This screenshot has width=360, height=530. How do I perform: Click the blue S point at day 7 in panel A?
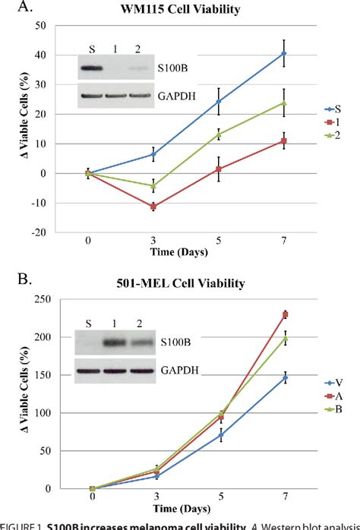point(284,53)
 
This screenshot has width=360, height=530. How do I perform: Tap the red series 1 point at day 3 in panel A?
point(153,207)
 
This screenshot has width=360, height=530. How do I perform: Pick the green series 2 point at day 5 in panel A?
point(219,134)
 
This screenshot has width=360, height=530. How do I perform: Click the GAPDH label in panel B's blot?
point(175,372)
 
